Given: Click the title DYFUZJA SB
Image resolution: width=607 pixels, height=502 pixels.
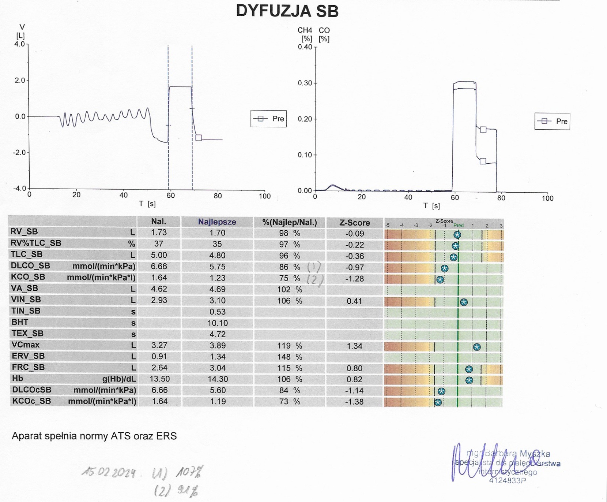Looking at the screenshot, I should pyautogui.click(x=287, y=11).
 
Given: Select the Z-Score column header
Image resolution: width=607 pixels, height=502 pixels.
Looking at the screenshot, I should pyautogui.click(x=354, y=223).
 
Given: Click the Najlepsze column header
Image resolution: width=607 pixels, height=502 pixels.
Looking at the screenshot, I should pyautogui.click(x=217, y=222).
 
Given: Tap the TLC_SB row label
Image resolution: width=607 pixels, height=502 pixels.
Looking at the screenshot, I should pyautogui.click(x=26, y=254).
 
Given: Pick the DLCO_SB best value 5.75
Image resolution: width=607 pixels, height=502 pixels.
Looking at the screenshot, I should pyautogui.click(x=217, y=267).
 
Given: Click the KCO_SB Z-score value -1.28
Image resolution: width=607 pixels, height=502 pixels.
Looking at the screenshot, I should pyautogui.click(x=354, y=279).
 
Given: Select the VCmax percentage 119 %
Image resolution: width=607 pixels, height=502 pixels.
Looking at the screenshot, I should pyautogui.click(x=289, y=346).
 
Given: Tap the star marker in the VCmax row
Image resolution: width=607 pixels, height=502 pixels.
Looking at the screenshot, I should pyautogui.click(x=476, y=347).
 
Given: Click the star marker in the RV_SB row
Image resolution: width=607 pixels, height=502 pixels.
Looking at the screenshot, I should pyautogui.click(x=457, y=235).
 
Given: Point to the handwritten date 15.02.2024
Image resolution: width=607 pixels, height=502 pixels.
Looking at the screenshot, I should pyautogui.click(x=109, y=472).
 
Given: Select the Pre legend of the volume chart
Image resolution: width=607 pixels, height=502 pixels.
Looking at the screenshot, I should pyautogui.click(x=269, y=119).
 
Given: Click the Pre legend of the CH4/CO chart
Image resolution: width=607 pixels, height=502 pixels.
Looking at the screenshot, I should pyautogui.click(x=552, y=121).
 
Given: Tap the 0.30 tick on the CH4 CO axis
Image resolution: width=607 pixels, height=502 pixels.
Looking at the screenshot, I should pyautogui.click(x=305, y=83).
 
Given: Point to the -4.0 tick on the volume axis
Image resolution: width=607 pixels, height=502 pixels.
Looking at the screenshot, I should pyautogui.click(x=20, y=189).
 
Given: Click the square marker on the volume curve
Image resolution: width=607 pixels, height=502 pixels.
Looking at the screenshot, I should pyautogui.click(x=199, y=138).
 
